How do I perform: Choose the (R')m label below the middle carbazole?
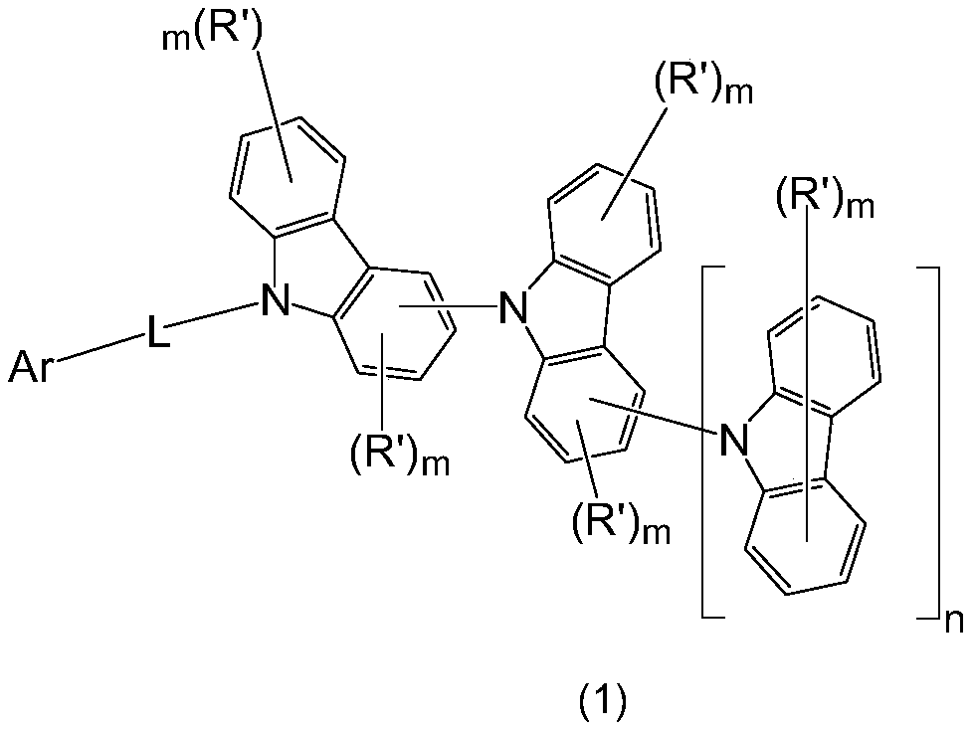(x=621, y=520)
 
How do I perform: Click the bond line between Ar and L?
(x=99, y=352)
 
